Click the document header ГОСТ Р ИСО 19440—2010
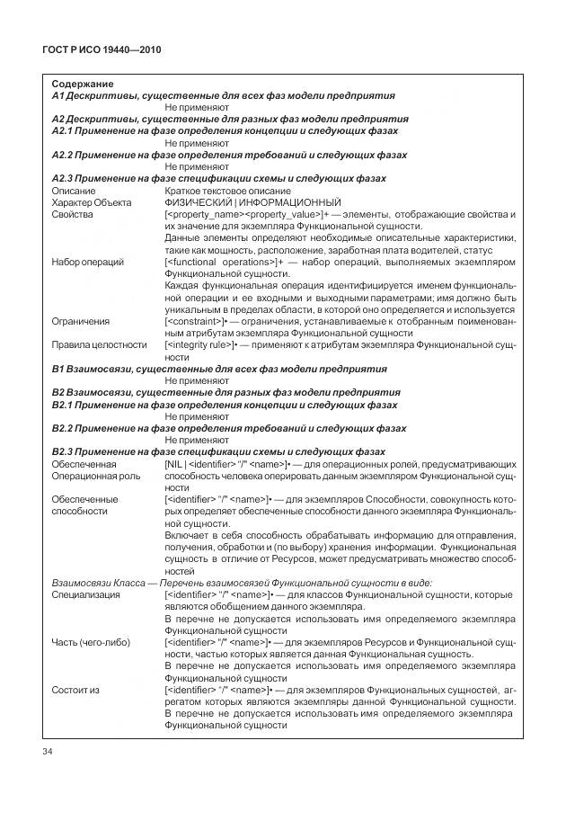[x=101, y=48]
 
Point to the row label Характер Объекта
[x=90, y=202]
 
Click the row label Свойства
[x=72, y=214]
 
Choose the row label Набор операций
[x=88, y=262]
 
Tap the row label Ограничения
[x=81, y=321]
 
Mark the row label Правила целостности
[x=99, y=344]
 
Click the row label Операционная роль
[x=95, y=475]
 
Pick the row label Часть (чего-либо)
[x=92, y=642]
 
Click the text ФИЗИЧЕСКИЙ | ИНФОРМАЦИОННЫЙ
[x=252, y=202]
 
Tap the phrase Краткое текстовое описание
[x=227, y=191]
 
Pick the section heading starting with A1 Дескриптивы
[x=223, y=95]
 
